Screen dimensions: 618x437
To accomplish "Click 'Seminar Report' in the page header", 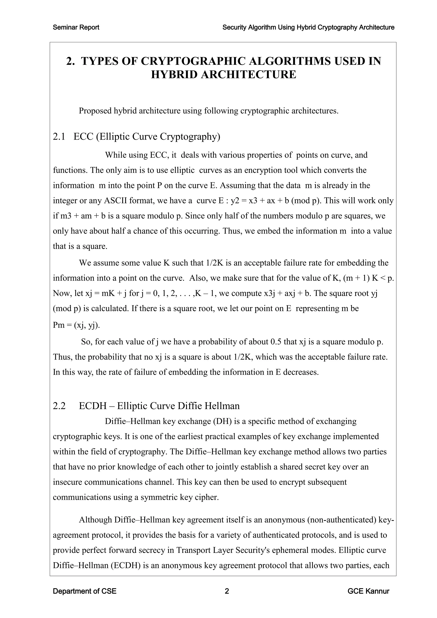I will click(x=76, y=28).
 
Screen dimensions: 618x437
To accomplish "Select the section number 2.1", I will click(x=59, y=137).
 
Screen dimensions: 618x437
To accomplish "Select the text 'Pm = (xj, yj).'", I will click(x=76, y=325).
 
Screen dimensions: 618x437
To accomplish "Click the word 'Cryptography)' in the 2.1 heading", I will click(x=190, y=137).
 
